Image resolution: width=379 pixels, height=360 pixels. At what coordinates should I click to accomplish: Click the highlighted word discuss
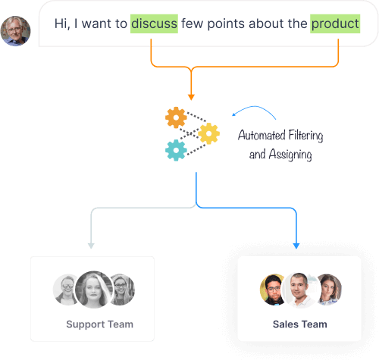coord(154,23)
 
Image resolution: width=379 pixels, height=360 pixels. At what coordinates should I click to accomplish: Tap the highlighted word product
coord(335,23)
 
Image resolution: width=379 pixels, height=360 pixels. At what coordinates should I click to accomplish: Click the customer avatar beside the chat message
coord(15,31)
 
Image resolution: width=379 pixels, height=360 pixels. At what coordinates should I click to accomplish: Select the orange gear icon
coord(176,117)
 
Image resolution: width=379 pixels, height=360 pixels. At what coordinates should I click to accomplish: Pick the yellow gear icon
coord(208,133)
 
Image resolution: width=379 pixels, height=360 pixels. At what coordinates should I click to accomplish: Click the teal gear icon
coord(176,150)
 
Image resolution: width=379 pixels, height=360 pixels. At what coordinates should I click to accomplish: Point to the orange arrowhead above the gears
coord(191,97)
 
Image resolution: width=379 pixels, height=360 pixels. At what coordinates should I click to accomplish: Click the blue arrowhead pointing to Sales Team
coord(296,246)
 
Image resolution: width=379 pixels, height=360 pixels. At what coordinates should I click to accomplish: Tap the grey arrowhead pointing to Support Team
coord(91,246)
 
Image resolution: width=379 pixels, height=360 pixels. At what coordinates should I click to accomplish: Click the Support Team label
coord(99,324)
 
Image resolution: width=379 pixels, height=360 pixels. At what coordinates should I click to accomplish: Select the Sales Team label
coord(300,324)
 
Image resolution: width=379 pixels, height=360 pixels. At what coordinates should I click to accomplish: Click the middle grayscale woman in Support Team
coord(94,290)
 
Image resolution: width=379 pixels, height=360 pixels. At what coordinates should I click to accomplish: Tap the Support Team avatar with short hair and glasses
coord(64,290)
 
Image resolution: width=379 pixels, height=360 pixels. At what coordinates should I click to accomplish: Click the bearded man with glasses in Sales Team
coord(271,290)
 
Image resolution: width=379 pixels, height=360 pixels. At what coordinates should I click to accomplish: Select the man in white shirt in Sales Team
coord(299,290)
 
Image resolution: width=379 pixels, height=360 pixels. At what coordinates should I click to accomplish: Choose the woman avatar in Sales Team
coord(330,290)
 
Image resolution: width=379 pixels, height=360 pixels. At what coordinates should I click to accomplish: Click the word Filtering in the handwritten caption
coord(305,136)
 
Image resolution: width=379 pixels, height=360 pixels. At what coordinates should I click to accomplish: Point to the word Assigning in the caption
coord(290,155)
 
